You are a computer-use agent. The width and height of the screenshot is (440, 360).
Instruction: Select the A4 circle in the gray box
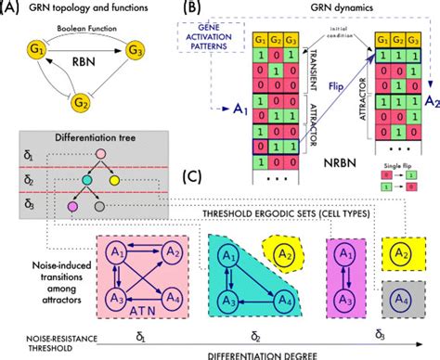[400, 300]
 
